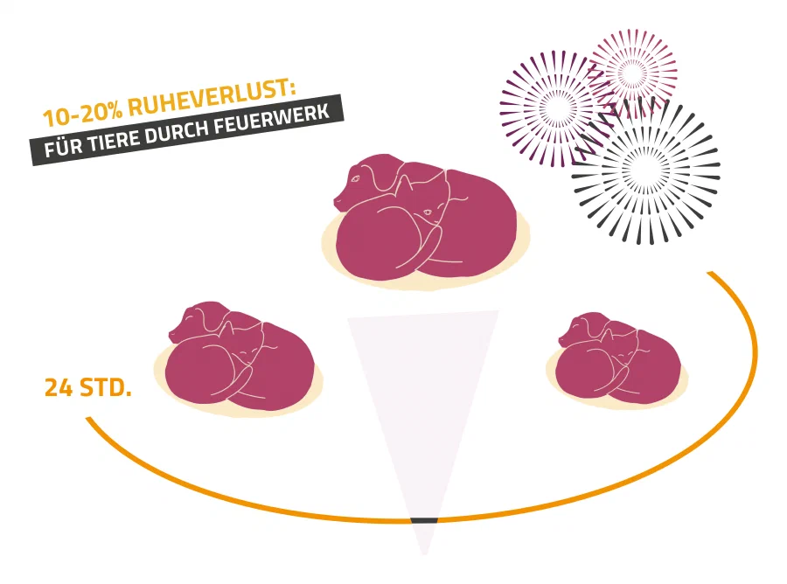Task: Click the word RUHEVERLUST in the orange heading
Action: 210,97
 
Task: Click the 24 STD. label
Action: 87,388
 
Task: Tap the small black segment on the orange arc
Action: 424,520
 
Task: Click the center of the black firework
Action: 646,170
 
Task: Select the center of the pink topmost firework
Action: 632,73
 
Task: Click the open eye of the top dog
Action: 356,178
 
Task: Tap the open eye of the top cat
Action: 428,212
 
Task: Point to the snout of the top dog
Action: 338,202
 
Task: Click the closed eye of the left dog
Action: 188,317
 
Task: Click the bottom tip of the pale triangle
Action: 424,555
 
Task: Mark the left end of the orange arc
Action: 88,419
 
